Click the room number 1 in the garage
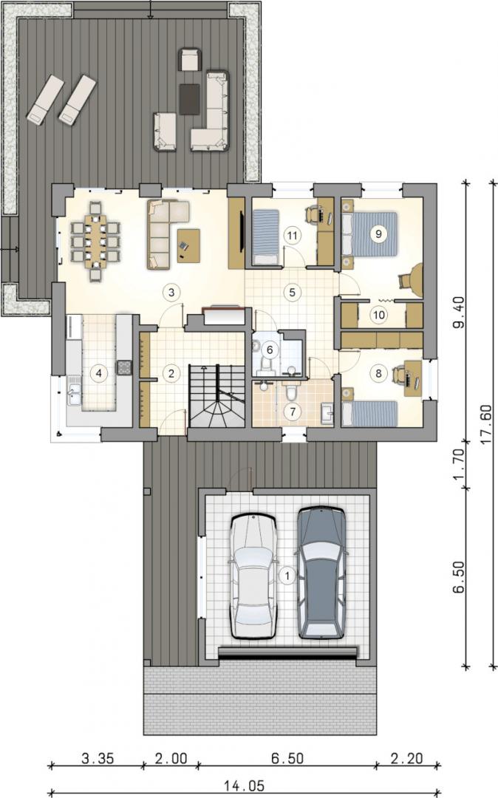click(x=287, y=576)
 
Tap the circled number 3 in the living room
click(x=171, y=292)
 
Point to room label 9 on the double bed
click(x=378, y=233)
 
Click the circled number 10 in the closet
click(x=378, y=315)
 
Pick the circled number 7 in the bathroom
click(x=293, y=412)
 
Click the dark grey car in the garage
click(x=321, y=572)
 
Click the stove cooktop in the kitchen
click(x=124, y=367)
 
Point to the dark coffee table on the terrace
click(x=190, y=99)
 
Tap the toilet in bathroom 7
click(x=291, y=393)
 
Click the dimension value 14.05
click(x=244, y=785)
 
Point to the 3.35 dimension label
click(x=98, y=758)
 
